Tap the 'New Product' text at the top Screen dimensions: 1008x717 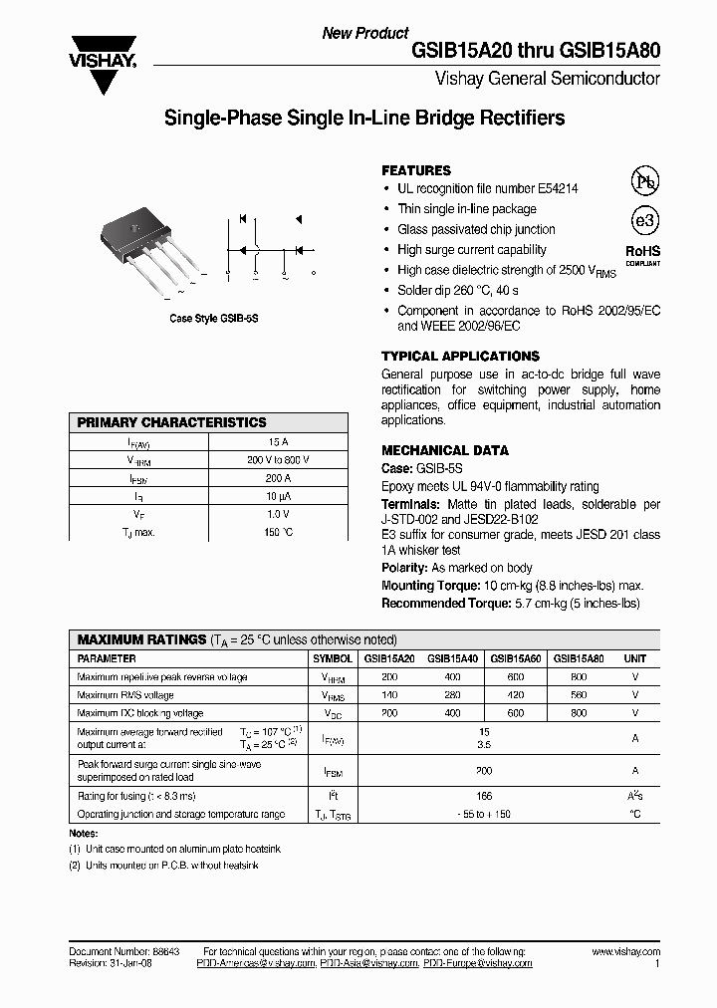point(364,33)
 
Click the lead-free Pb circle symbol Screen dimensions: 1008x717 point(645,180)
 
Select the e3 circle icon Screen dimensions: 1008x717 point(645,220)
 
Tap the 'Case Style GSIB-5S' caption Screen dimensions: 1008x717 point(213,319)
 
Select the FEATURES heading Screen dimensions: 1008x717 point(416,170)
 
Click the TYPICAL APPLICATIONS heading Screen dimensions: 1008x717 point(460,356)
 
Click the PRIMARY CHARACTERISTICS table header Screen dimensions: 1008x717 point(171,422)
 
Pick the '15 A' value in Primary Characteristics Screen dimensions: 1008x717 point(278,441)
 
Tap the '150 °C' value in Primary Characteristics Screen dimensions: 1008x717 point(278,532)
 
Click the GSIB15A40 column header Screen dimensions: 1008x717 point(452,658)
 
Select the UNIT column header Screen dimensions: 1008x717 point(634,658)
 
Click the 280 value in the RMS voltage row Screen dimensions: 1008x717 point(452,695)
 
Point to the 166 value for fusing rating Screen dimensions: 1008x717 point(484,796)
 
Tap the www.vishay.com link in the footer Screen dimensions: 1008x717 point(625,952)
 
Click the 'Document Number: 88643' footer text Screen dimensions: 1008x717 point(119,952)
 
